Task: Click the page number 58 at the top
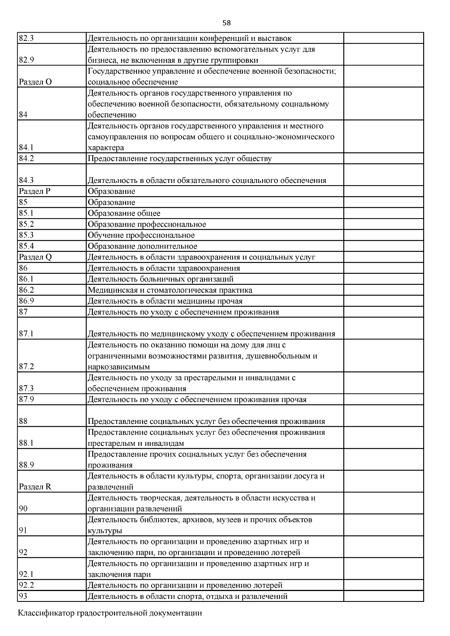pyautogui.click(x=226, y=23)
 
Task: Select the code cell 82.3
pyautogui.click(x=26, y=38)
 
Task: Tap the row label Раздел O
pyautogui.click(x=35, y=82)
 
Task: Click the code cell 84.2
pyautogui.click(x=26, y=159)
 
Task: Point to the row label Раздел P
pyautogui.click(x=34, y=192)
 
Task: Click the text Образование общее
pyautogui.click(x=124, y=213)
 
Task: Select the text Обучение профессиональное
pyautogui.click(x=141, y=235)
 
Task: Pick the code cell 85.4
pyautogui.click(x=26, y=246)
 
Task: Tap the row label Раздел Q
pyautogui.click(x=35, y=257)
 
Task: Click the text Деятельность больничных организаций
pyautogui.click(x=160, y=279)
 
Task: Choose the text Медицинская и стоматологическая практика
pyautogui.click(x=170, y=290)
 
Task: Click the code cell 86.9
pyautogui.click(x=26, y=301)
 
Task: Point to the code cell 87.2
pyautogui.click(x=26, y=367)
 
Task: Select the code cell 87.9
pyautogui.click(x=26, y=400)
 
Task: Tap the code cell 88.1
pyautogui.click(x=26, y=443)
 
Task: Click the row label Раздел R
pyautogui.click(x=35, y=487)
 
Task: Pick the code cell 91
pyautogui.click(x=23, y=531)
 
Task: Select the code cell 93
pyautogui.click(x=23, y=596)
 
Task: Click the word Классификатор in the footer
pyautogui.click(x=46, y=614)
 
